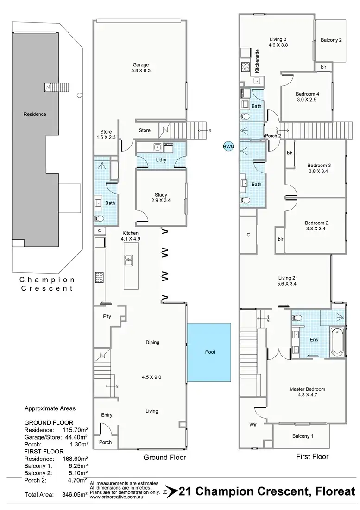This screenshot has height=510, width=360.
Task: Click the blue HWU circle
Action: pos(228,147)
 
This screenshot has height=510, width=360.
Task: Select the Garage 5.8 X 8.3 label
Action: pos(140,68)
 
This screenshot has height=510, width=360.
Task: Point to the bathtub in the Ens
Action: pos(337,342)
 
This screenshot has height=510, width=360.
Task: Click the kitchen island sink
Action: pos(128,261)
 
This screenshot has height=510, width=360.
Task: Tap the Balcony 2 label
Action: pos(331,40)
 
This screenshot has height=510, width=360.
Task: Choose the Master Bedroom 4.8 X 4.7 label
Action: pos(307,392)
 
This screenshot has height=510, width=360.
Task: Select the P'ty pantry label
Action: pos(107,317)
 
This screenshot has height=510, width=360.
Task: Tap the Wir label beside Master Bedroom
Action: pos(253,424)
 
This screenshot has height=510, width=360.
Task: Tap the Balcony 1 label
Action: pos(303,436)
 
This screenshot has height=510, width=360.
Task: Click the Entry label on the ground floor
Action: pos(107,415)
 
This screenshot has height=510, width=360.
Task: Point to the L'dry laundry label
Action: pos(161,160)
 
